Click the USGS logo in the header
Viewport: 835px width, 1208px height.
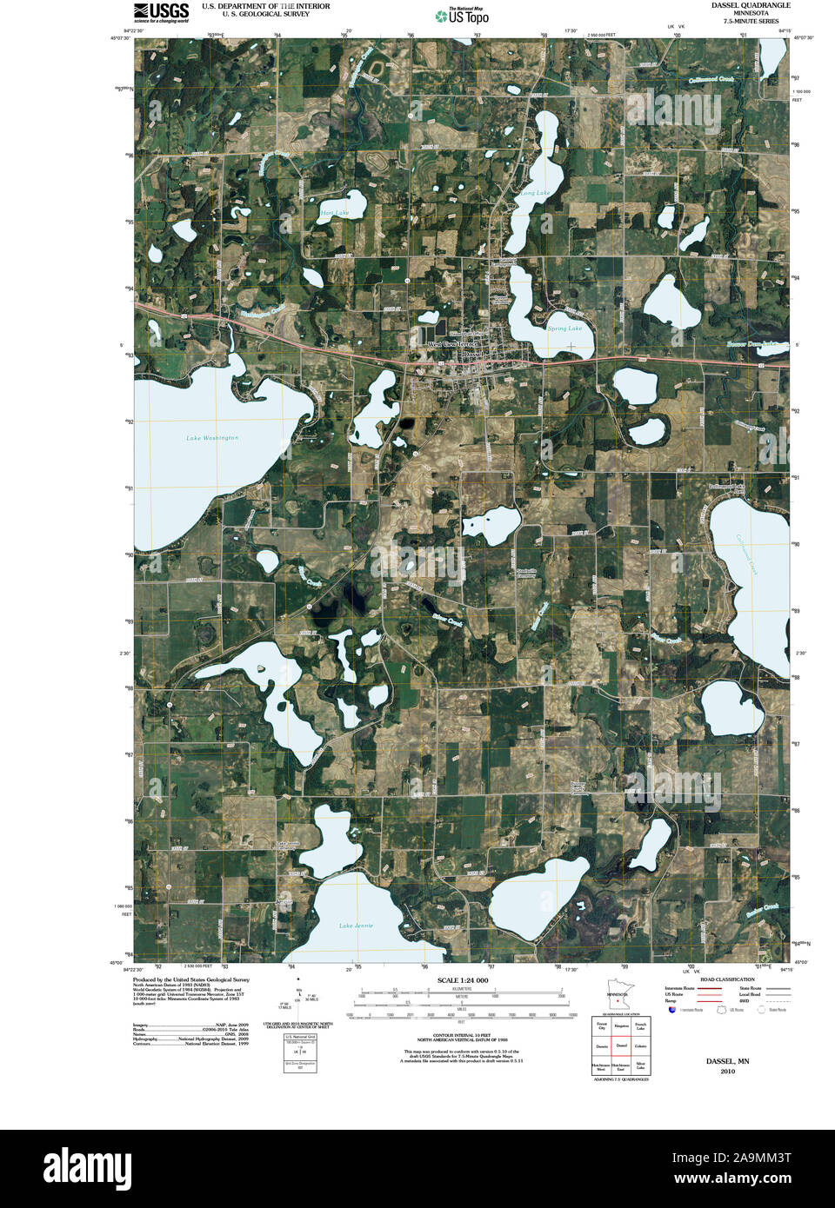[161, 11]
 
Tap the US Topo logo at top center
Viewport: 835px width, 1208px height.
[464, 15]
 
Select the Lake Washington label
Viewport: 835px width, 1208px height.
[212, 438]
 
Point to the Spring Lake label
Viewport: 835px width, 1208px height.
[564, 329]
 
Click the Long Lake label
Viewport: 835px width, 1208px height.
[535, 193]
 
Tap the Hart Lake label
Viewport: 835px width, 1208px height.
[334, 213]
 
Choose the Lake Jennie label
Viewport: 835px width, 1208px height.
[356, 926]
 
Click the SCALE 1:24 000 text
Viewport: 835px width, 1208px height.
[463, 980]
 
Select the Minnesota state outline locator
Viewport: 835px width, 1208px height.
[617, 998]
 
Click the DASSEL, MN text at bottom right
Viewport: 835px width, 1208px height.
[727, 1061]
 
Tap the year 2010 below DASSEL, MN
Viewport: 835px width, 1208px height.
[727, 1072]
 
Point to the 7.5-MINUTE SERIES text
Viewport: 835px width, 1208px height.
[745, 21]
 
